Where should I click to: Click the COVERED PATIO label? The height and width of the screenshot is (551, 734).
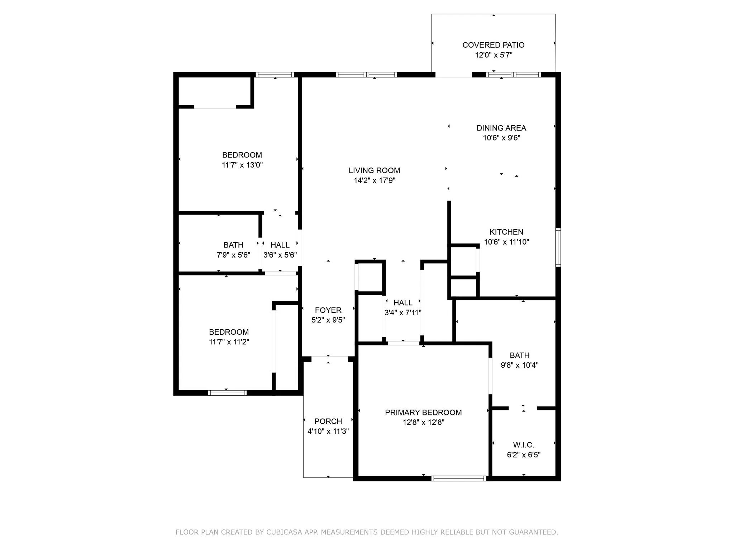click(x=493, y=45)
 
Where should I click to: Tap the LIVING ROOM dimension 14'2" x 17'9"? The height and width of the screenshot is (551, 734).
click(x=374, y=180)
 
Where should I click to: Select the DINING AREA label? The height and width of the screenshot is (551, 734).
click(x=501, y=128)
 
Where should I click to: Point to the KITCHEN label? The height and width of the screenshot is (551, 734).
click(x=506, y=232)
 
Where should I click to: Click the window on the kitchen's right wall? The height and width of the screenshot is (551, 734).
click(x=558, y=247)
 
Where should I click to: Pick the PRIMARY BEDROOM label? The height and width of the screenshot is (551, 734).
click(x=423, y=412)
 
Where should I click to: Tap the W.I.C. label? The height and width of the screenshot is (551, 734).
click(x=523, y=445)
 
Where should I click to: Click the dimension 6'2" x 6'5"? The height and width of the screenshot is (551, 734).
click(x=523, y=455)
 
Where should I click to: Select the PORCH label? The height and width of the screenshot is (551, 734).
click(x=328, y=421)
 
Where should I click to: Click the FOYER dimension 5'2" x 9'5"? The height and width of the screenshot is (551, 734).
click(x=328, y=320)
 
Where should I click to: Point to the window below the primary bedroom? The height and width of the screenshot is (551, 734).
click(x=458, y=478)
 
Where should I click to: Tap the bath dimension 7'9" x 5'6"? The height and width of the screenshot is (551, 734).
click(x=233, y=255)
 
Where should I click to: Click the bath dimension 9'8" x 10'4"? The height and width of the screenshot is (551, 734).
click(x=519, y=365)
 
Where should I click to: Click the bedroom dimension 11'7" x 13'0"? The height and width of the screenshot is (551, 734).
click(x=242, y=165)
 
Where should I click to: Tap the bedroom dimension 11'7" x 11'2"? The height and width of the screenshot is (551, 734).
click(x=229, y=342)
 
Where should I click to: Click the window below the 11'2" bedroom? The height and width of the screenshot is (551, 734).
click(x=227, y=393)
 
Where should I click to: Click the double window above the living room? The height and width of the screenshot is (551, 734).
click(x=366, y=75)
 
